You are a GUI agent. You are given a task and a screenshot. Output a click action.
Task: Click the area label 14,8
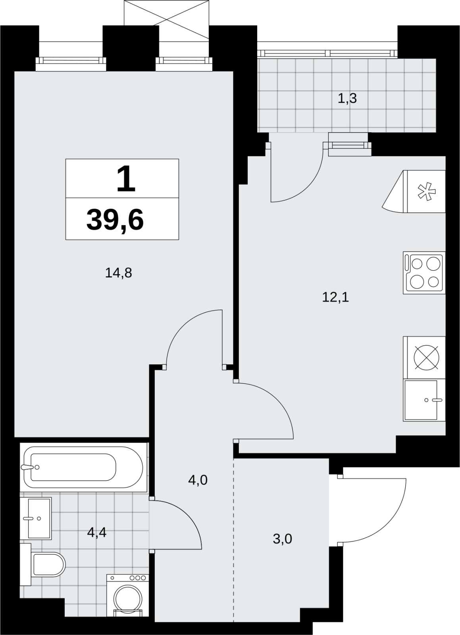[118, 273]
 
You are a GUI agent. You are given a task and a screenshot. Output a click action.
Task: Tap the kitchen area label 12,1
[335, 297]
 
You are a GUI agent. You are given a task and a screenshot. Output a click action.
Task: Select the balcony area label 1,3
[347, 98]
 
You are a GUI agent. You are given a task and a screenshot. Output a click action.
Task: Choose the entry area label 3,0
[282, 539]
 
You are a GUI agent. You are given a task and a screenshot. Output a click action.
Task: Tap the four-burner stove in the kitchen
[424, 273]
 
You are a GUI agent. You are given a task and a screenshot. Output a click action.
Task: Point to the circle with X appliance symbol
[427, 358]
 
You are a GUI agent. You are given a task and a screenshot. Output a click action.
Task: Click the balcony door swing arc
[311, 187]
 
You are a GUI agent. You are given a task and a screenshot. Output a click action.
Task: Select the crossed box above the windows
[167, 13]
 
